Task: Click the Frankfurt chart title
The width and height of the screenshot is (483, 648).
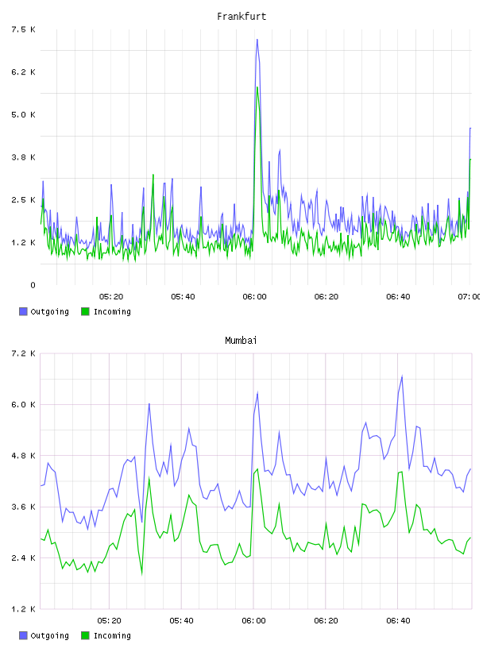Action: (241, 17)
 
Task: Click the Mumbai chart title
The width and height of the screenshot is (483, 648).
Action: (241, 341)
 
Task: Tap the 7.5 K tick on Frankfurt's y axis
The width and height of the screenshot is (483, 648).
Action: (24, 29)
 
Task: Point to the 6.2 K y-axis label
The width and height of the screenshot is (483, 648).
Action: (24, 72)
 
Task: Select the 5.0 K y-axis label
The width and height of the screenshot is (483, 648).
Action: (24, 114)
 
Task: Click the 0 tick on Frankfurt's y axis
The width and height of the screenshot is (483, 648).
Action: (33, 285)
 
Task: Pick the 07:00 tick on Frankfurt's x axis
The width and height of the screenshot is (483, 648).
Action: (469, 297)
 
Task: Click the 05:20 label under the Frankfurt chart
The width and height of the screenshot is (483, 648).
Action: (111, 297)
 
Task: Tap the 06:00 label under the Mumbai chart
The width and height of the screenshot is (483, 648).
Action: (253, 621)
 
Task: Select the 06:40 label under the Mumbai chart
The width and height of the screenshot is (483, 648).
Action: (398, 621)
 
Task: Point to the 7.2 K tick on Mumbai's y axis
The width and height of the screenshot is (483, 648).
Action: (24, 353)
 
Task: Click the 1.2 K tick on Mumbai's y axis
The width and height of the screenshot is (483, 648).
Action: (24, 609)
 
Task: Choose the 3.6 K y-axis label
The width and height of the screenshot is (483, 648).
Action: (24, 507)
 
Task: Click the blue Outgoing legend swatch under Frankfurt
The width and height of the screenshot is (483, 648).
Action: (23, 311)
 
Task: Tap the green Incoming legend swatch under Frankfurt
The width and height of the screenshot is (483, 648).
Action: (85, 311)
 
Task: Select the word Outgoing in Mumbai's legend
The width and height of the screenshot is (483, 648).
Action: (49, 635)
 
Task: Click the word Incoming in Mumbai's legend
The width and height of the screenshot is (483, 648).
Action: (112, 635)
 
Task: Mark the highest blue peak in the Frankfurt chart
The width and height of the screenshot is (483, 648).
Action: (257, 40)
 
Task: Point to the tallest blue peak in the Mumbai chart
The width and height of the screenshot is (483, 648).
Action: (402, 376)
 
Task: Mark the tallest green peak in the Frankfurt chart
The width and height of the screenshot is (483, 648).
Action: (257, 87)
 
